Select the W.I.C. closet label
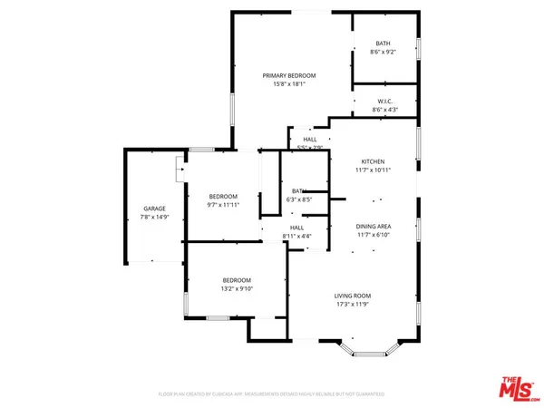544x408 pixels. click(x=385, y=102)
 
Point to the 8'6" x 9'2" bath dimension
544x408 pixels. click(x=385, y=52)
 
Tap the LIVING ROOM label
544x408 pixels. click(x=354, y=296)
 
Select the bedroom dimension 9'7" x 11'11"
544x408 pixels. click(x=223, y=205)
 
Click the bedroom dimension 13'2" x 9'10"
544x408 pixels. click(x=237, y=289)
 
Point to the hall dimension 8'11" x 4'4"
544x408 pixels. click(x=296, y=236)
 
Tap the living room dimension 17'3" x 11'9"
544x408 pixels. click(x=354, y=304)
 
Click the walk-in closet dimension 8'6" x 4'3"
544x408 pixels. click(x=385, y=110)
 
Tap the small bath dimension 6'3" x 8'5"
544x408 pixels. click(x=298, y=199)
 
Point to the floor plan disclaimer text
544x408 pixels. click(x=271, y=394)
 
